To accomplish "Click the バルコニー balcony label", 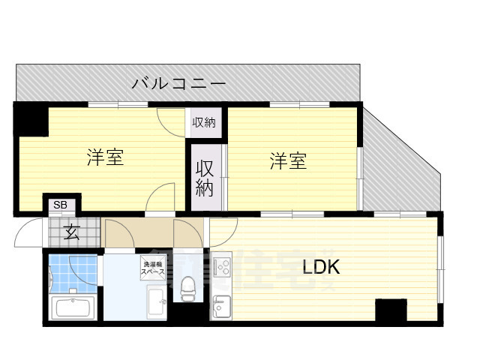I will [178, 82].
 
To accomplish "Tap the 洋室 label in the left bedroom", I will [105, 158].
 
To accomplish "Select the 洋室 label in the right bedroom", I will [289, 160].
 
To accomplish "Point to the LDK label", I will [322, 267].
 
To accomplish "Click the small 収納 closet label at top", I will [203, 122].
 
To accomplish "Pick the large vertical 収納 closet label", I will [205, 178].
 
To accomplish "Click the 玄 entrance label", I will [71, 232].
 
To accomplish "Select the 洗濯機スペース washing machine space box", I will [150, 267].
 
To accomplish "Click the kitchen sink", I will [220, 306].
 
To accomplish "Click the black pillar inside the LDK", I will [391, 309].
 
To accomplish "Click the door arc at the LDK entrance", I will [223, 231].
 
